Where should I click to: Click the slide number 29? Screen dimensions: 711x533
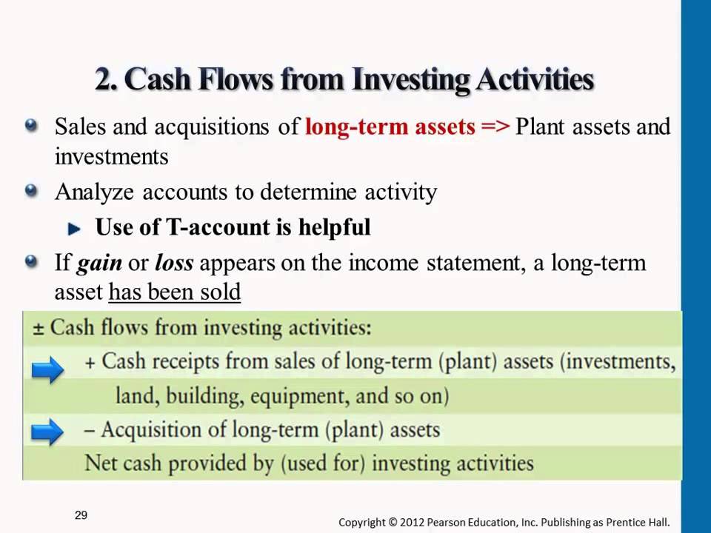pyautogui.click(x=81, y=515)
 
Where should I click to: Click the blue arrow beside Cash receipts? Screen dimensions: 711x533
pyautogui.click(x=47, y=369)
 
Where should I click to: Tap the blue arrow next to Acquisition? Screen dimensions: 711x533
pyautogui.click(x=47, y=432)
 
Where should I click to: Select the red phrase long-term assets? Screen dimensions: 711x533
pyautogui.click(x=390, y=127)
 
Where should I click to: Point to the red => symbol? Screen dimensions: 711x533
pyautogui.click(x=495, y=127)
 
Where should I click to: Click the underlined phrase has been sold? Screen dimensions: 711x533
pyautogui.click(x=175, y=292)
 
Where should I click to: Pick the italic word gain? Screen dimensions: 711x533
pyautogui.click(x=99, y=264)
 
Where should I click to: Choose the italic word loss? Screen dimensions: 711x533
pyautogui.click(x=174, y=263)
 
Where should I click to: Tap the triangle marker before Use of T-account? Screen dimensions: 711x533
pyautogui.click(x=74, y=229)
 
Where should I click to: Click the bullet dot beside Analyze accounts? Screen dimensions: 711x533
pyautogui.click(x=31, y=191)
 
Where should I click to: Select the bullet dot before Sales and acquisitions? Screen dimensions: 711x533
pyautogui.click(x=31, y=125)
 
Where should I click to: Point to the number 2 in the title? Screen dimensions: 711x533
pyautogui.click(x=104, y=80)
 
